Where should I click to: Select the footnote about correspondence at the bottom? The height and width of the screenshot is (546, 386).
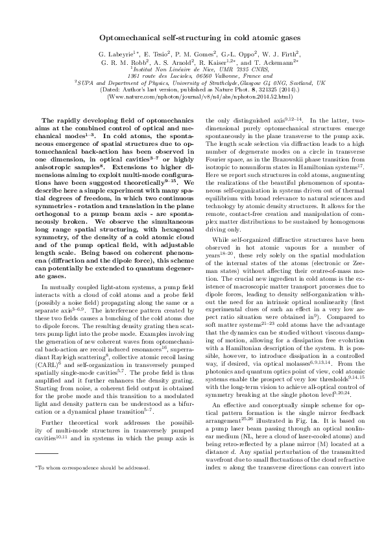click(91, 503)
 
